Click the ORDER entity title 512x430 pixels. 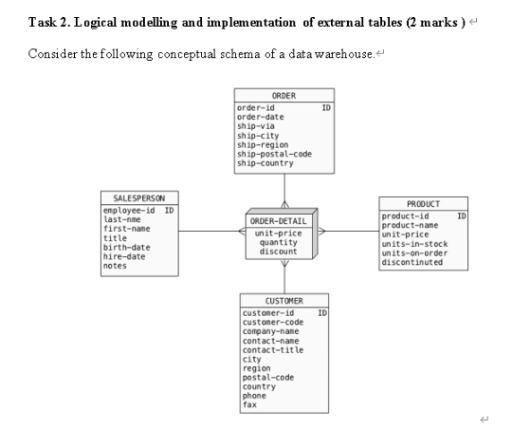tap(283, 96)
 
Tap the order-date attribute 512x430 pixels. tap(260, 116)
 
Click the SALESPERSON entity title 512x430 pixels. tap(140, 198)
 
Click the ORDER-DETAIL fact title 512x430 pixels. tap(280, 221)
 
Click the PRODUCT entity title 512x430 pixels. tap(423, 205)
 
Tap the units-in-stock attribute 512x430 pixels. tap(414, 244)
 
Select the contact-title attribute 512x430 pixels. tap(274, 350)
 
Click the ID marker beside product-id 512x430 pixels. tap(462, 216)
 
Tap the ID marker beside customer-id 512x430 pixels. tap(323, 312)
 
